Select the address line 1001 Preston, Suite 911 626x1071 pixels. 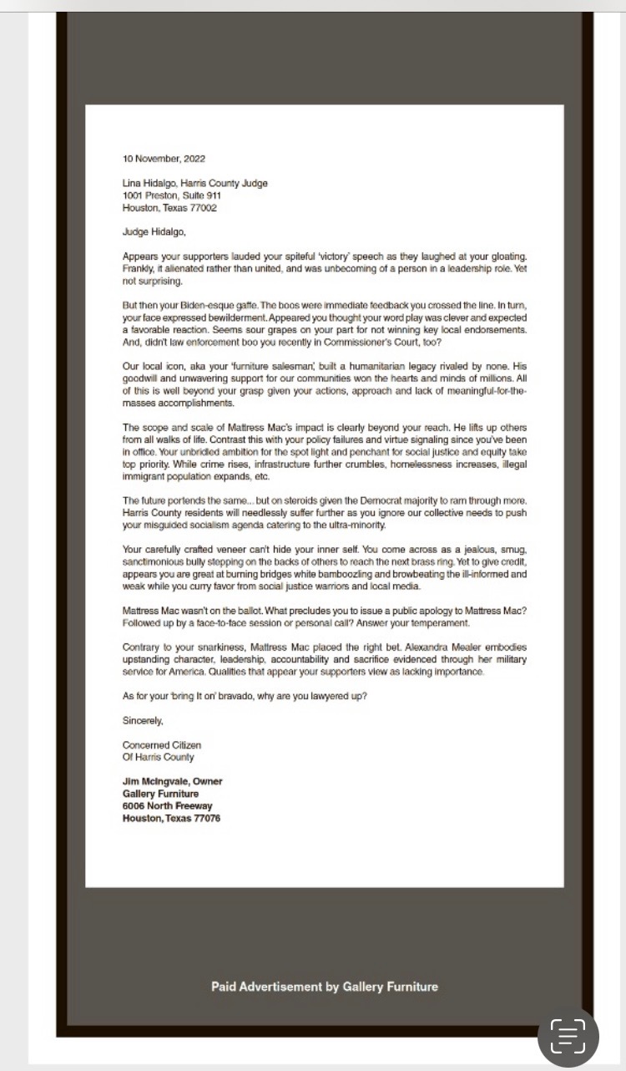(x=172, y=195)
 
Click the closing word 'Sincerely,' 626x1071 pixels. (x=143, y=720)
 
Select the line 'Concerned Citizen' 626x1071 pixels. (x=162, y=745)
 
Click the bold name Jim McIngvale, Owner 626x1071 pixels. (x=173, y=782)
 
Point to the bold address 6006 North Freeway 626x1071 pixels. (x=168, y=806)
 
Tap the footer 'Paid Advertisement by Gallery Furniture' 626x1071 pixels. (x=325, y=987)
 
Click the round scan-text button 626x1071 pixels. (x=568, y=1037)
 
